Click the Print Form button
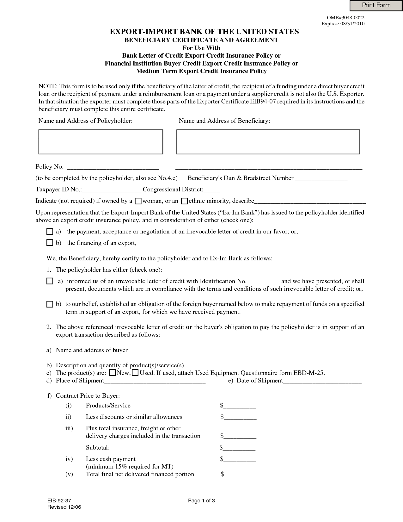376,5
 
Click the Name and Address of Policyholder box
101,142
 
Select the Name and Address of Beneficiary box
268,142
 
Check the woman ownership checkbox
138,201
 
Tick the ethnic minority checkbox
185,201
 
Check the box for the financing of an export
50,243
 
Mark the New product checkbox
112,373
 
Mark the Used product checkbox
135,373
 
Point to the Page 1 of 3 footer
201,501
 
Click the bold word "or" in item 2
189,327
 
